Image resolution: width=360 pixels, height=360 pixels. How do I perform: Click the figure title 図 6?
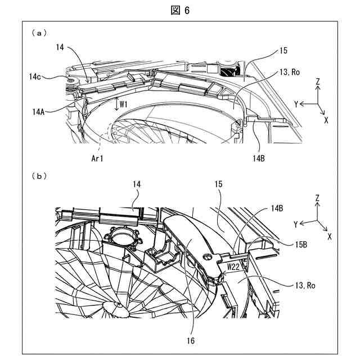pyautogui.click(x=180, y=10)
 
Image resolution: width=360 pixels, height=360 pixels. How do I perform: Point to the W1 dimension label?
pyautogui.click(x=124, y=105)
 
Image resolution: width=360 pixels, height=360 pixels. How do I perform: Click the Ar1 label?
pyautogui.click(x=98, y=159)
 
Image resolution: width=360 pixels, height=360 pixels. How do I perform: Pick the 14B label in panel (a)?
pyautogui.click(x=258, y=159)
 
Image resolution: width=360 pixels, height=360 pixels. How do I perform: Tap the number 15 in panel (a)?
pyautogui.click(x=283, y=51)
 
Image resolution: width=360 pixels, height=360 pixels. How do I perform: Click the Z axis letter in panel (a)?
pyautogui.click(x=318, y=82)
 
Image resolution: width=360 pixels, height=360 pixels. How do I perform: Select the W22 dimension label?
pyautogui.click(x=233, y=266)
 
